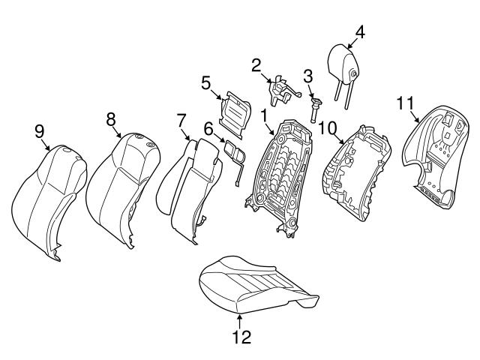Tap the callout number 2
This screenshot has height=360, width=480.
[256, 65]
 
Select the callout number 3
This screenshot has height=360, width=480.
[307, 76]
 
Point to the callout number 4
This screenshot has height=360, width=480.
[360, 32]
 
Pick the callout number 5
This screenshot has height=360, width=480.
[205, 83]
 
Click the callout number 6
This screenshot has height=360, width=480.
[208, 130]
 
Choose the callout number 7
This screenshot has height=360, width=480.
[181, 120]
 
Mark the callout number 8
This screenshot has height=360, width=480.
[110, 118]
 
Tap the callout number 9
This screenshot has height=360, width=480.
[40, 132]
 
